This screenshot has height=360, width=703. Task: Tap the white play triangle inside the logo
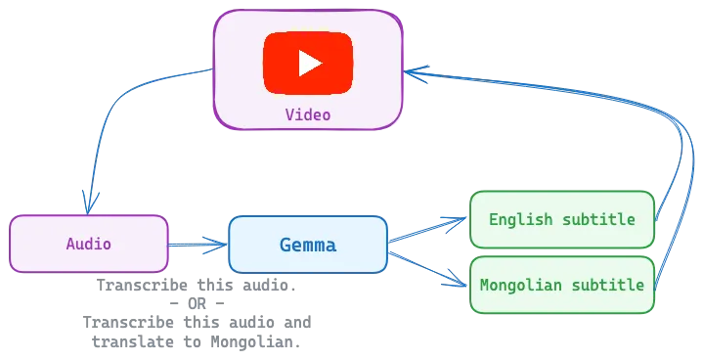(x=309, y=64)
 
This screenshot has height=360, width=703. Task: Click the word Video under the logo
(x=307, y=114)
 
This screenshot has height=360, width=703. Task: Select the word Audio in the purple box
(x=88, y=244)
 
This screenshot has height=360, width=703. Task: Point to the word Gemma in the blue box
(x=307, y=245)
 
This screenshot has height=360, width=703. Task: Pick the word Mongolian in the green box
(x=523, y=286)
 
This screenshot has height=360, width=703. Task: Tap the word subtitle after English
(x=598, y=219)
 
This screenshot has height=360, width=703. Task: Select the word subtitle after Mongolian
(x=607, y=286)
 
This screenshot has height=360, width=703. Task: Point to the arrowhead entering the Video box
(x=413, y=71)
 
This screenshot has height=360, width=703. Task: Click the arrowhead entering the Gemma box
(x=219, y=245)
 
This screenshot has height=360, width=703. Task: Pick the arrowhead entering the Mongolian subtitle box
(x=461, y=287)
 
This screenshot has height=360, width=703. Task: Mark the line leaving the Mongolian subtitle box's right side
(x=675, y=245)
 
